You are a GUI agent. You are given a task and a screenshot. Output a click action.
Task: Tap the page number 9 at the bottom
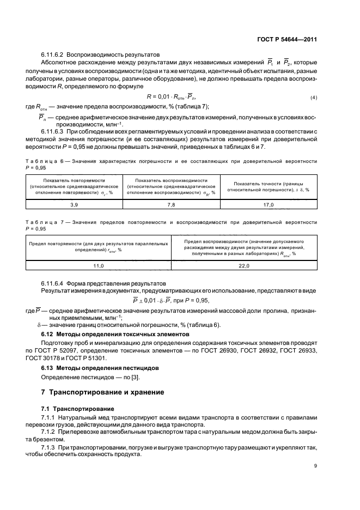point(315,465)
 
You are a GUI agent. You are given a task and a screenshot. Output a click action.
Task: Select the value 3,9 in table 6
point(74,204)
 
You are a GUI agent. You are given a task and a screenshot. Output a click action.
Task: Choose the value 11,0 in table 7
point(99,265)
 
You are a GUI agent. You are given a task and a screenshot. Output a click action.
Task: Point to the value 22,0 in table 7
point(243,265)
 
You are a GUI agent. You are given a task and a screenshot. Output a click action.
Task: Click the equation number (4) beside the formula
point(313,98)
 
